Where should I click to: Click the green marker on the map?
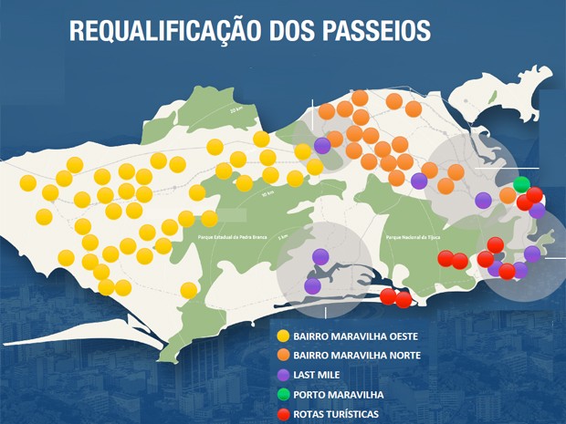point(521,185)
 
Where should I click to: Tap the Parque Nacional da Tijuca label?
point(414,235)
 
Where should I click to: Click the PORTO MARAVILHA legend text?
point(340,395)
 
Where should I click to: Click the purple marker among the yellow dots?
point(321,145)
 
